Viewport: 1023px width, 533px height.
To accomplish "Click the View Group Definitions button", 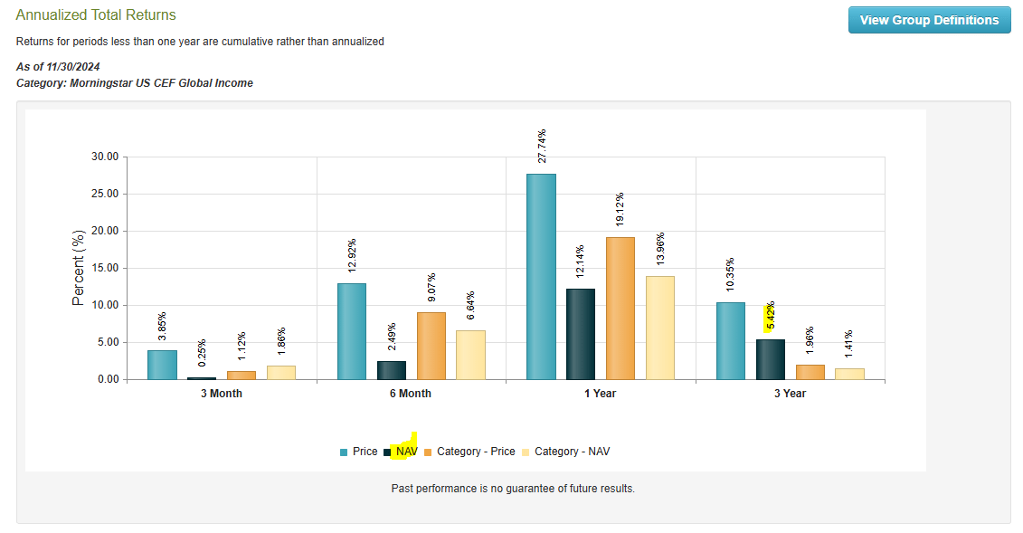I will (x=929, y=20).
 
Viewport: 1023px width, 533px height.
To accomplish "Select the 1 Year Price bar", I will (x=541, y=276).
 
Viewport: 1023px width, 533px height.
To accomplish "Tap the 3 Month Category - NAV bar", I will (x=280, y=372).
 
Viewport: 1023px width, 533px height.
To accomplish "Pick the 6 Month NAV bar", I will (x=391, y=370).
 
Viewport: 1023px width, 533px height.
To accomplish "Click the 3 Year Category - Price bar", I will (x=810, y=372).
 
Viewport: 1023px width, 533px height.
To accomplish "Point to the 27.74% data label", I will (x=541, y=148).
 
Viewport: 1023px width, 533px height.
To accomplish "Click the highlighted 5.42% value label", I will (x=769, y=317).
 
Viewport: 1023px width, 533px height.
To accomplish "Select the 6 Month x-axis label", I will (x=411, y=394).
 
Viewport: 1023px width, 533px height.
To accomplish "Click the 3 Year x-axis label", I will (x=790, y=394).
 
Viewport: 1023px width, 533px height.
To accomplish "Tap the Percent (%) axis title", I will (x=78, y=268).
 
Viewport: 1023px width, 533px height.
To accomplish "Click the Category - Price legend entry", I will (x=476, y=452).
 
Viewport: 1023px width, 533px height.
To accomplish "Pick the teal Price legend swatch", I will (x=344, y=452).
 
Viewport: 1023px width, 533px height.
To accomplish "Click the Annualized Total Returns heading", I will (x=96, y=15).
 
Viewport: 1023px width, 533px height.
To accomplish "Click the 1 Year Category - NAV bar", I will (x=659, y=328).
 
